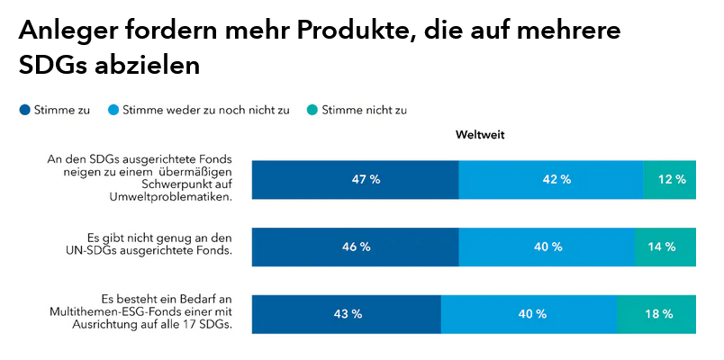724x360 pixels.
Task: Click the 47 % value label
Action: (366, 179)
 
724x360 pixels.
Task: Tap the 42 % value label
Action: (557, 179)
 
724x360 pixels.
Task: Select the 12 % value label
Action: (671, 179)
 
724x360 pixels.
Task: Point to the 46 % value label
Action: (357, 247)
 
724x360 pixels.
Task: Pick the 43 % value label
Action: (348, 314)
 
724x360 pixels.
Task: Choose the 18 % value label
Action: (658, 314)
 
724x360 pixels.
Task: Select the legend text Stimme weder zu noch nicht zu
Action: (205, 111)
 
